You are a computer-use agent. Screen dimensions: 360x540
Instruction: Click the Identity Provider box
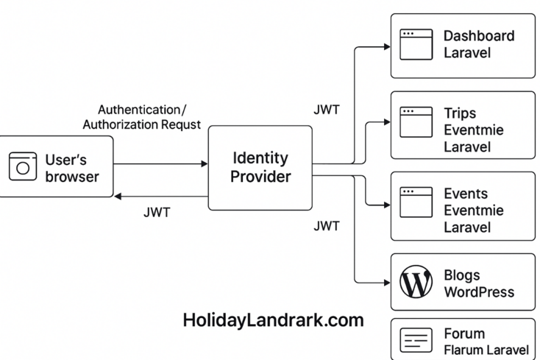tap(260, 167)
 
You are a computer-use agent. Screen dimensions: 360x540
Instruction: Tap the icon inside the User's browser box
tap(22, 166)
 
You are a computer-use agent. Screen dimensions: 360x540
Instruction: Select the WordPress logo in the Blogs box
tap(416, 283)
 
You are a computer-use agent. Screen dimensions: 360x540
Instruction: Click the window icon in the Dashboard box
tap(416, 44)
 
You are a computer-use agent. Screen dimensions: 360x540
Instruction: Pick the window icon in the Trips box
tap(416, 123)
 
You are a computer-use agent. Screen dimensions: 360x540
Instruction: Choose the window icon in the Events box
tap(416, 202)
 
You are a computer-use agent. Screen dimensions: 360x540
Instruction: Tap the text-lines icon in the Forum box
tap(416, 341)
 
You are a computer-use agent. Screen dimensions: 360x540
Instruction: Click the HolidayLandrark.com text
tap(273, 320)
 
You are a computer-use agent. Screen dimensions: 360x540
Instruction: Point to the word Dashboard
tap(478, 35)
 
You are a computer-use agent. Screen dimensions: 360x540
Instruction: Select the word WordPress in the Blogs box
tap(478, 292)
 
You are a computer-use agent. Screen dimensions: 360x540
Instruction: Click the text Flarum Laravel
tap(486, 349)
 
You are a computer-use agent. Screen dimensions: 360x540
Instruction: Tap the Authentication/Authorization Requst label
tap(141, 117)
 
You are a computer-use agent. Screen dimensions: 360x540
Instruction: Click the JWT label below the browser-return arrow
tap(157, 213)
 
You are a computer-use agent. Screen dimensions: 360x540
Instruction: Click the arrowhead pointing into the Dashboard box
tap(386, 46)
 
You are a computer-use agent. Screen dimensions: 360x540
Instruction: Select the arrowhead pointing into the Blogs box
tap(386, 282)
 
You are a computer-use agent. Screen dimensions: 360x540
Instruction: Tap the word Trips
tap(460, 113)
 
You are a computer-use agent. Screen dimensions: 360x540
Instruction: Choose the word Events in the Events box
tap(465, 194)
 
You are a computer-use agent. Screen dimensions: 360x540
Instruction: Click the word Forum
tap(464, 333)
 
